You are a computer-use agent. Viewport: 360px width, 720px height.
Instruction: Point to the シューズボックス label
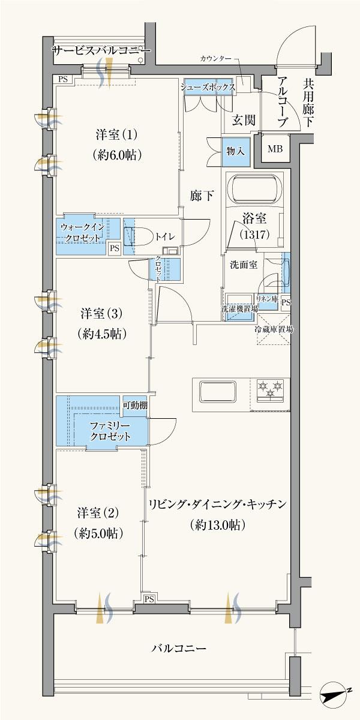coord(208,86)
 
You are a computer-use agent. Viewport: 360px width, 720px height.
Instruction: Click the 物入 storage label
coord(235,150)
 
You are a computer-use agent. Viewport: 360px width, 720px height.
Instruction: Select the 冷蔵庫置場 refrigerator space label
coord(273,329)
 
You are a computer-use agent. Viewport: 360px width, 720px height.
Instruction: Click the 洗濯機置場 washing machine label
coord(239,309)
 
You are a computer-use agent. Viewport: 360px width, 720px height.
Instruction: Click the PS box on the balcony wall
coord(149,598)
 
